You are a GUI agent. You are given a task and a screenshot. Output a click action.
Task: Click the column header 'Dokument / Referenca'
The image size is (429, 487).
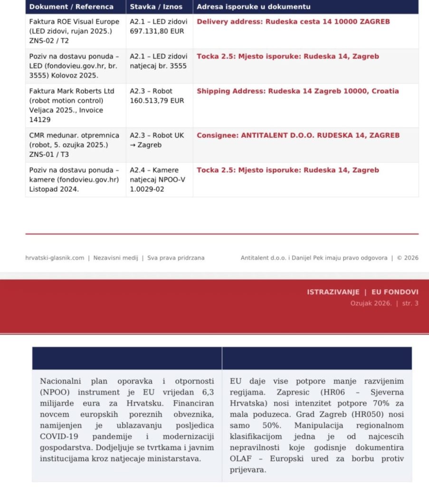pyautogui.click(x=71, y=7)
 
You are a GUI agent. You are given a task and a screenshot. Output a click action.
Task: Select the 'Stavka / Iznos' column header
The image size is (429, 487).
pyautogui.click(x=156, y=7)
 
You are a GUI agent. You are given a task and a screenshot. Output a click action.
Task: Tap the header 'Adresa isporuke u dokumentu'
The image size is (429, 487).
pyautogui.click(x=254, y=7)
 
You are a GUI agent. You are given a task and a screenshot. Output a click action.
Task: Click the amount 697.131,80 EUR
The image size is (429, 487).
pyautogui.click(x=157, y=31)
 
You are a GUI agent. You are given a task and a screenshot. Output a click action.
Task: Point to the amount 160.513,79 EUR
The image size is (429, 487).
pyautogui.click(x=157, y=100)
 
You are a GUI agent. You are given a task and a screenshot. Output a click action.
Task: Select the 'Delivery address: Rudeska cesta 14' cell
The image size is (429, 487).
pyautogui.click(x=293, y=22)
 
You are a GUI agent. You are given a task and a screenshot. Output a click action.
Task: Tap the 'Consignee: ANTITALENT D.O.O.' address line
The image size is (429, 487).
pyautogui.click(x=298, y=135)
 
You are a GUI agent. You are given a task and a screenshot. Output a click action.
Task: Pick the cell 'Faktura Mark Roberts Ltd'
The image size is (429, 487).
pyautogui.click(x=72, y=91)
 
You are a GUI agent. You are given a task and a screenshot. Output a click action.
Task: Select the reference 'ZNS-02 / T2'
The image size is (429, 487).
pyautogui.click(x=48, y=40)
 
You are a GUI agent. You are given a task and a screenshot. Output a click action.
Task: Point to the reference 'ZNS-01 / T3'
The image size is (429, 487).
pyautogui.click(x=48, y=154)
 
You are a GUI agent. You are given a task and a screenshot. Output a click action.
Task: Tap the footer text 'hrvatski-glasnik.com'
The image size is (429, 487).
pyautogui.click(x=55, y=258)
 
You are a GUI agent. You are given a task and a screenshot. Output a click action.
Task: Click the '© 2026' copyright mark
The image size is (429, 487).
pyautogui.click(x=408, y=258)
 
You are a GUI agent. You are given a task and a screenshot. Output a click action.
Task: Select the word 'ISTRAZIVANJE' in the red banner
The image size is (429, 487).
pyautogui.click(x=333, y=292)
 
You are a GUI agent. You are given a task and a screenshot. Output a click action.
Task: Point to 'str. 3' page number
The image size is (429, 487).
pyautogui.click(x=410, y=303)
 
